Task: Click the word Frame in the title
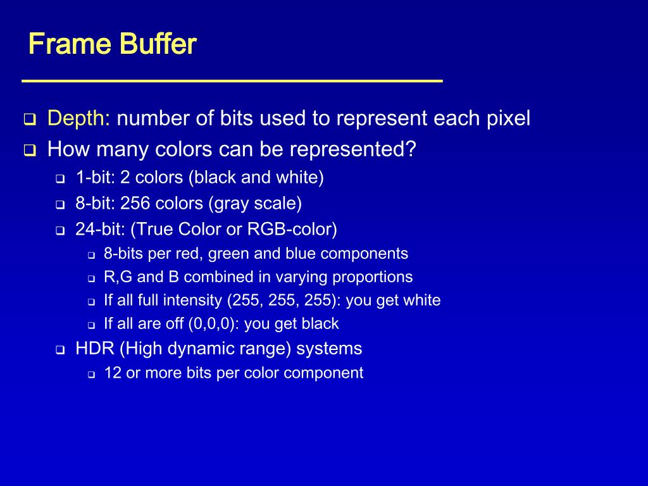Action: (x=60, y=45)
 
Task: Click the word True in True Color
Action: (x=153, y=229)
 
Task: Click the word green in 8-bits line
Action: (x=228, y=254)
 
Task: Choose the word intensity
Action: (x=193, y=300)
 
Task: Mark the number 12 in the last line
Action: (x=113, y=373)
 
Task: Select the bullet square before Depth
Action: (x=29, y=120)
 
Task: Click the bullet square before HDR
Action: (x=60, y=350)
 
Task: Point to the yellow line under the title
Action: (x=232, y=81)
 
